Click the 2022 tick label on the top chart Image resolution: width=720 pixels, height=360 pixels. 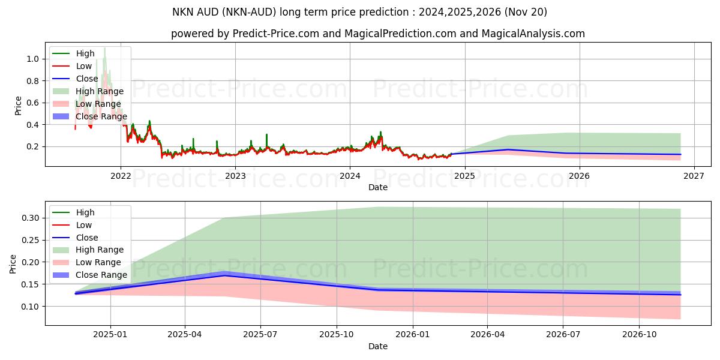click(121, 176)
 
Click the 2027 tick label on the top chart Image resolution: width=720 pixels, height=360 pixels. click(694, 176)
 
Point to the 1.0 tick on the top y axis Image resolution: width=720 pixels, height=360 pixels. click(32, 59)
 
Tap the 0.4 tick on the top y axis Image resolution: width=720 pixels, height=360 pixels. click(32, 125)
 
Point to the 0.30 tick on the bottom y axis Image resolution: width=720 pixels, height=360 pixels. click(30, 218)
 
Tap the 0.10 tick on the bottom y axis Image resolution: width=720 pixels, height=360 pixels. click(30, 307)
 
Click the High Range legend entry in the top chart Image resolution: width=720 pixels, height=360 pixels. click(100, 91)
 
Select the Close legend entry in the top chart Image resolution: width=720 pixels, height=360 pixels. click(88, 79)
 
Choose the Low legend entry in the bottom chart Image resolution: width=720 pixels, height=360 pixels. click(84, 225)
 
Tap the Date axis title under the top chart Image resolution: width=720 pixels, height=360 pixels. click(378, 187)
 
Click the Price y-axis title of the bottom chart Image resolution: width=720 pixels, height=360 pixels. click(14, 263)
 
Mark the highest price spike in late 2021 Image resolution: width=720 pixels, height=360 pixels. click(104, 48)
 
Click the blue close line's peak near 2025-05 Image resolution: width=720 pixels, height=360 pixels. click(223, 275)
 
